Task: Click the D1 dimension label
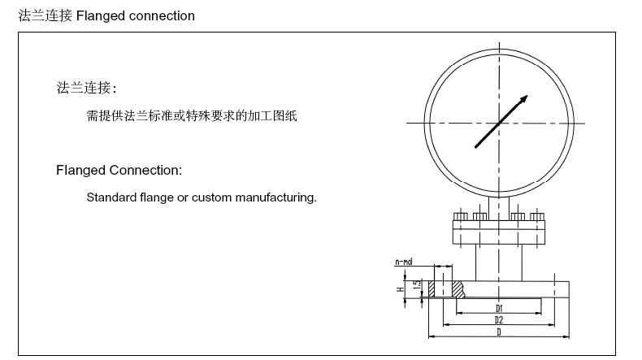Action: pos(499,309)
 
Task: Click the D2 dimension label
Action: pos(499,320)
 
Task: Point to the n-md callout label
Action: pos(403,262)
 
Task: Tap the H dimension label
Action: pos(399,288)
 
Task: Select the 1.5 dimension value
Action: pos(416,285)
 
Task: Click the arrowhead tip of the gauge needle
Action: pos(527,97)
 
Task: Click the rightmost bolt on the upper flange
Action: pos(536,217)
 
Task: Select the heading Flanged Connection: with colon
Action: pos(119,170)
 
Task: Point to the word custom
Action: pos(210,197)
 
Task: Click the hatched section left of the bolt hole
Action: pos(433,288)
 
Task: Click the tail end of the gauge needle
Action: pos(476,146)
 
